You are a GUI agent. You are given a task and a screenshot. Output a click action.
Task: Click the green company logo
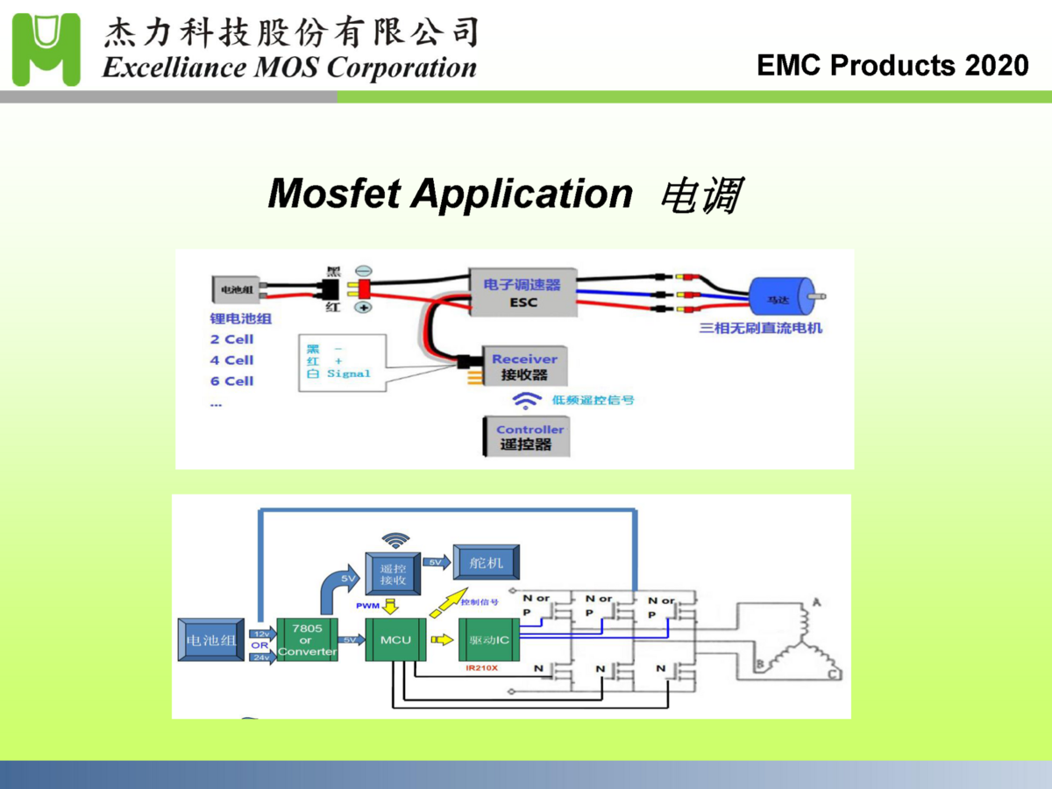pyautogui.click(x=46, y=49)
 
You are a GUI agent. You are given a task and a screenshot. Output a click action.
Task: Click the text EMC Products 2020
pyautogui.click(x=892, y=66)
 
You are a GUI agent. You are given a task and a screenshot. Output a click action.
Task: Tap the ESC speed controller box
pyautogui.click(x=522, y=293)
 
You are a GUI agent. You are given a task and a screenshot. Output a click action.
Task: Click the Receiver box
pyautogui.click(x=524, y=366)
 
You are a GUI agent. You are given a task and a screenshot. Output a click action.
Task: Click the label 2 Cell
pyautogui.click(x=231, y=339)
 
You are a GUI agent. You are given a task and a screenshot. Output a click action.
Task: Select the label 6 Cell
pyautogui.click(x=231, y=381)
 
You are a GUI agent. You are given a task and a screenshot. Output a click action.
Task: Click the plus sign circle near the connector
pyautogui.click(x=363, y=307)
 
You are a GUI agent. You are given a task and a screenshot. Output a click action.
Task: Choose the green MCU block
pyautogui.click(x=395, y=640)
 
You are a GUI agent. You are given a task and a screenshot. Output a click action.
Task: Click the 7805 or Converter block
pyautogui.click(x=307, y=640)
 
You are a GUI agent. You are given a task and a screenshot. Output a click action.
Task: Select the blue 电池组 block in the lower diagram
pyautogui.click(x=211, y=641)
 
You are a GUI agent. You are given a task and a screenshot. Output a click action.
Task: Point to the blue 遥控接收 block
pyautogui.click(x=394, y=574)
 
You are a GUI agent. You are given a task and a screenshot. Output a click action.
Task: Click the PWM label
pyautogui.click(x=367, y=606)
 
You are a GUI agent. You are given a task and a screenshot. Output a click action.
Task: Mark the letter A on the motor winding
pyautogui.click(x=817, y=603)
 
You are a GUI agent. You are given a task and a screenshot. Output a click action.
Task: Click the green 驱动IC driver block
pyautogui.click(x=489, y=640)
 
